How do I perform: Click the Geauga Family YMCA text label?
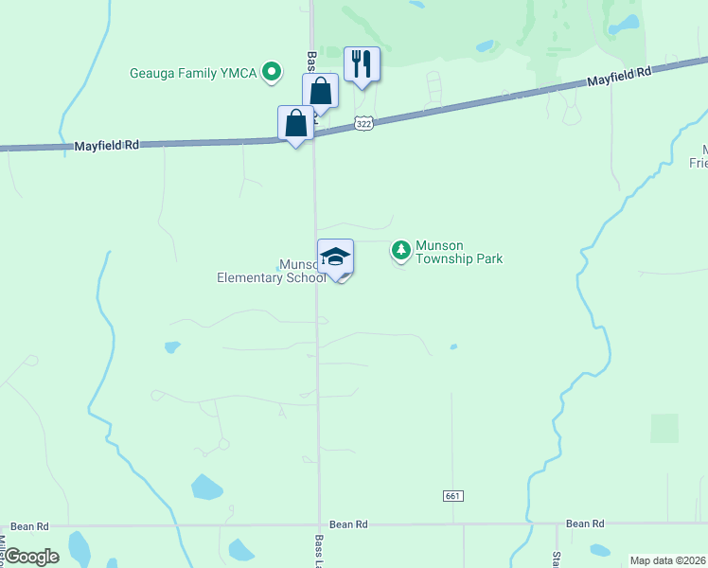[x=194, y=73]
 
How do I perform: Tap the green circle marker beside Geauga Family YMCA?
[x=272, y=71]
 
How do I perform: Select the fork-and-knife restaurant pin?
[x=362, y=65]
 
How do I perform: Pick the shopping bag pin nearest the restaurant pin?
[x=321, y=93]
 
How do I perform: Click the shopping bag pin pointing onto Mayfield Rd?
[x=296, y=124]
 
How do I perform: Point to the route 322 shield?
[x=363, y=123]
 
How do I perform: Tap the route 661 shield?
[x=452, y=496]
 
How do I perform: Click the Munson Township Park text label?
[x=459, y=252]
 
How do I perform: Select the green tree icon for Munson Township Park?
[x=401, y=250]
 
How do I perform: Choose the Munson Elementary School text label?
[x=271, y=272]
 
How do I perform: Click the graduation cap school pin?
[x=335, y=257]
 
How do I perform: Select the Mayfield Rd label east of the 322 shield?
[x=620, y=78]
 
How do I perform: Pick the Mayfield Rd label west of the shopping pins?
[x=107, y=146]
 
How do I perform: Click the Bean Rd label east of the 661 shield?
[x=585, y=524]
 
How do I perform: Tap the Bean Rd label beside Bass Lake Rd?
[x=347, y=524]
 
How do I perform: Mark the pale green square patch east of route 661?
[x=664, y=428]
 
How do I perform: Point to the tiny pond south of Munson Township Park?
[x=453, y=346]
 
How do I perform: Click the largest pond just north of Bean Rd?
[x=206, y=488]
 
